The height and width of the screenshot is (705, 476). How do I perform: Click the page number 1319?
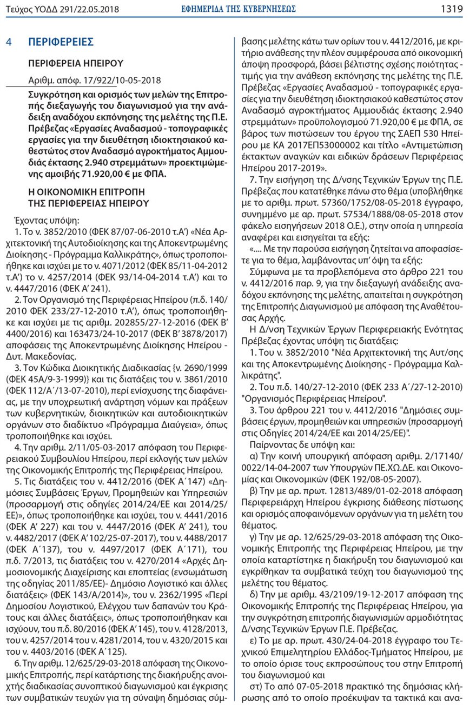tap(452, 9)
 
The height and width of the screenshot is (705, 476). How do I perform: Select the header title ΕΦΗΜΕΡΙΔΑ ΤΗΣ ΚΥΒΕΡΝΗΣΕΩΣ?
tap(238, 9)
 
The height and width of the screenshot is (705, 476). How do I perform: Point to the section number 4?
tap(9, 42)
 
